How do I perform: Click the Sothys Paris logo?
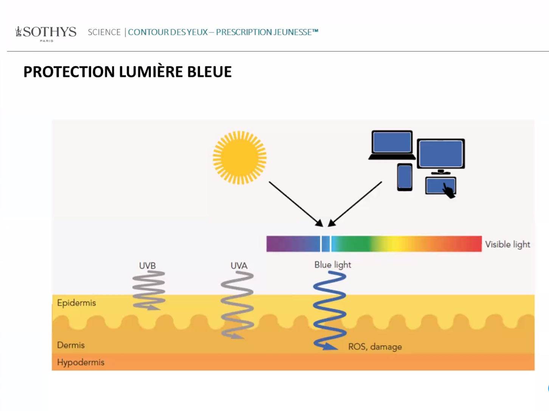46,33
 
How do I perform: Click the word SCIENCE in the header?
104,32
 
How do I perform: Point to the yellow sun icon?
240,157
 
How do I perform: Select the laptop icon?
392,145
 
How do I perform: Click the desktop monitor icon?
440,155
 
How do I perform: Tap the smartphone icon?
405,177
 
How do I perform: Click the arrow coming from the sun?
295,203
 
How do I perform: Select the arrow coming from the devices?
355,204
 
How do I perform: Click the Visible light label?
507,245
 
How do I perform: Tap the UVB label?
147,266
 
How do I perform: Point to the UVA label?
239,266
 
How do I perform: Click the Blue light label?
333,265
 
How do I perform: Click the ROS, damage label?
375,347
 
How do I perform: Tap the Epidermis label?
76,303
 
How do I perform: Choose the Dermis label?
71,345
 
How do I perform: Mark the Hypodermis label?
81,362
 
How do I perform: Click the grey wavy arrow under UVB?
149,290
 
